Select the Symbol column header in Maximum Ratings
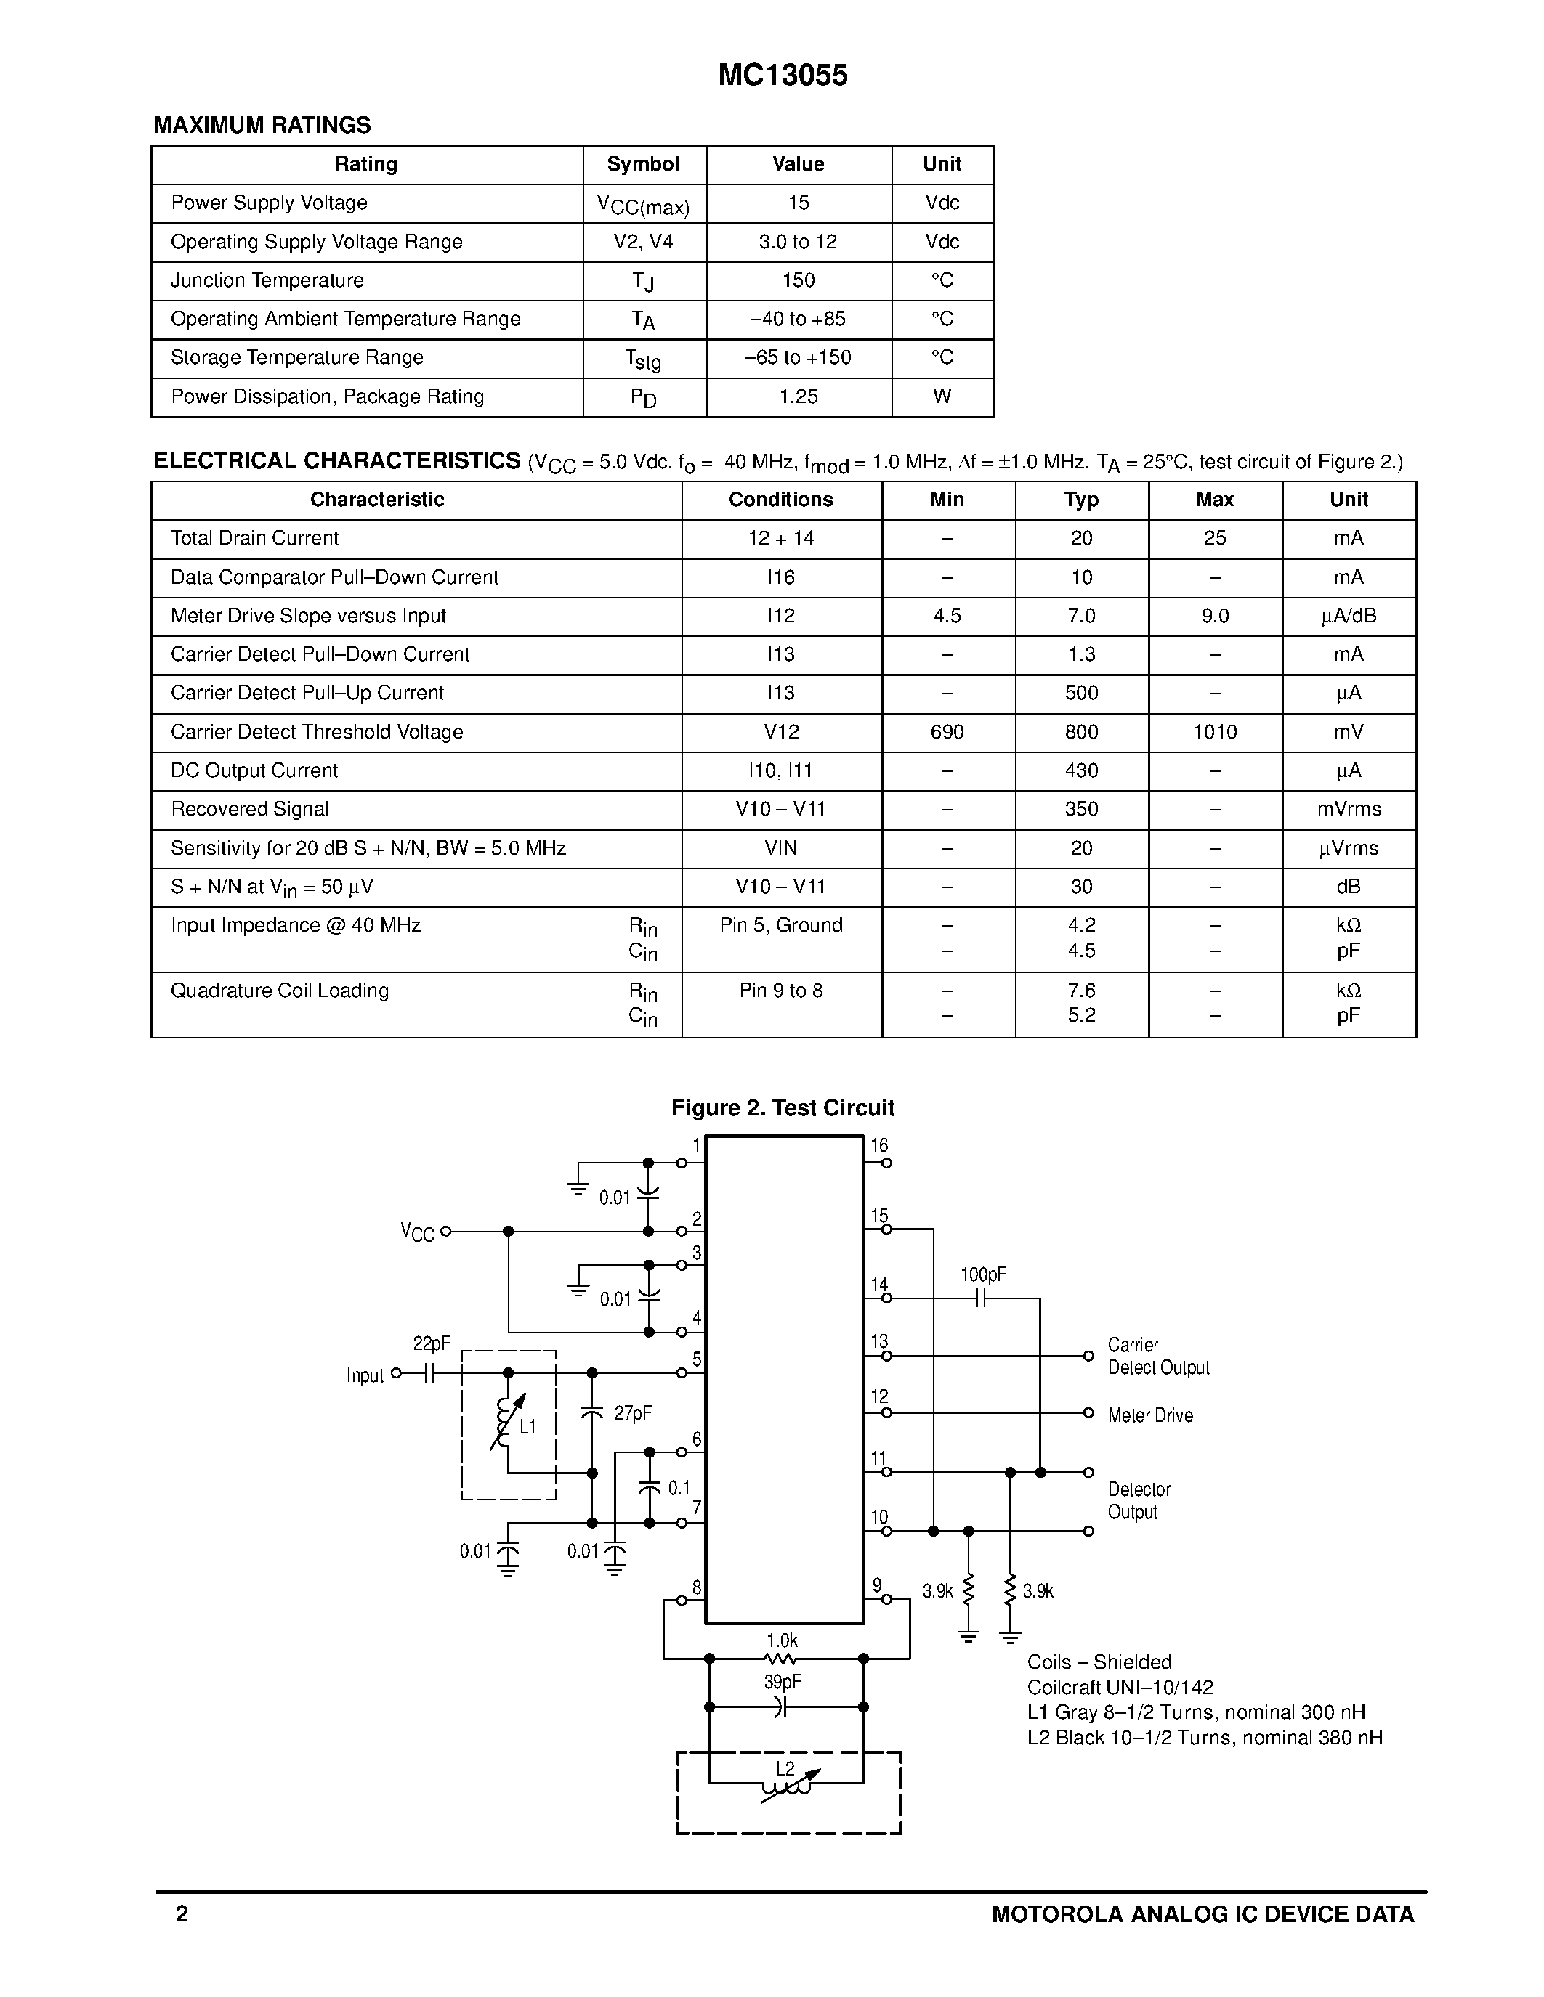[643, 165]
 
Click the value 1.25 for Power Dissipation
[799, 396]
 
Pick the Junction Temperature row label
[267, 281]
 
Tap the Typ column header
[1081, 500]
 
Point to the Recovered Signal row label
[250, 809]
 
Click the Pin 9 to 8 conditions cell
[781, 991]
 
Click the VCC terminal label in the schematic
[417, 1232]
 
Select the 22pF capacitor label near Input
[432, 1343]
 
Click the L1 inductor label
[528, 1426]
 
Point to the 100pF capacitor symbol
[979, 1298]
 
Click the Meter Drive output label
[1149, 1415]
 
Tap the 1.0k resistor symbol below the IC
[780, 1659]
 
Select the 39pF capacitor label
[782, 1683]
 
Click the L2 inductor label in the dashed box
[785, 1769]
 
